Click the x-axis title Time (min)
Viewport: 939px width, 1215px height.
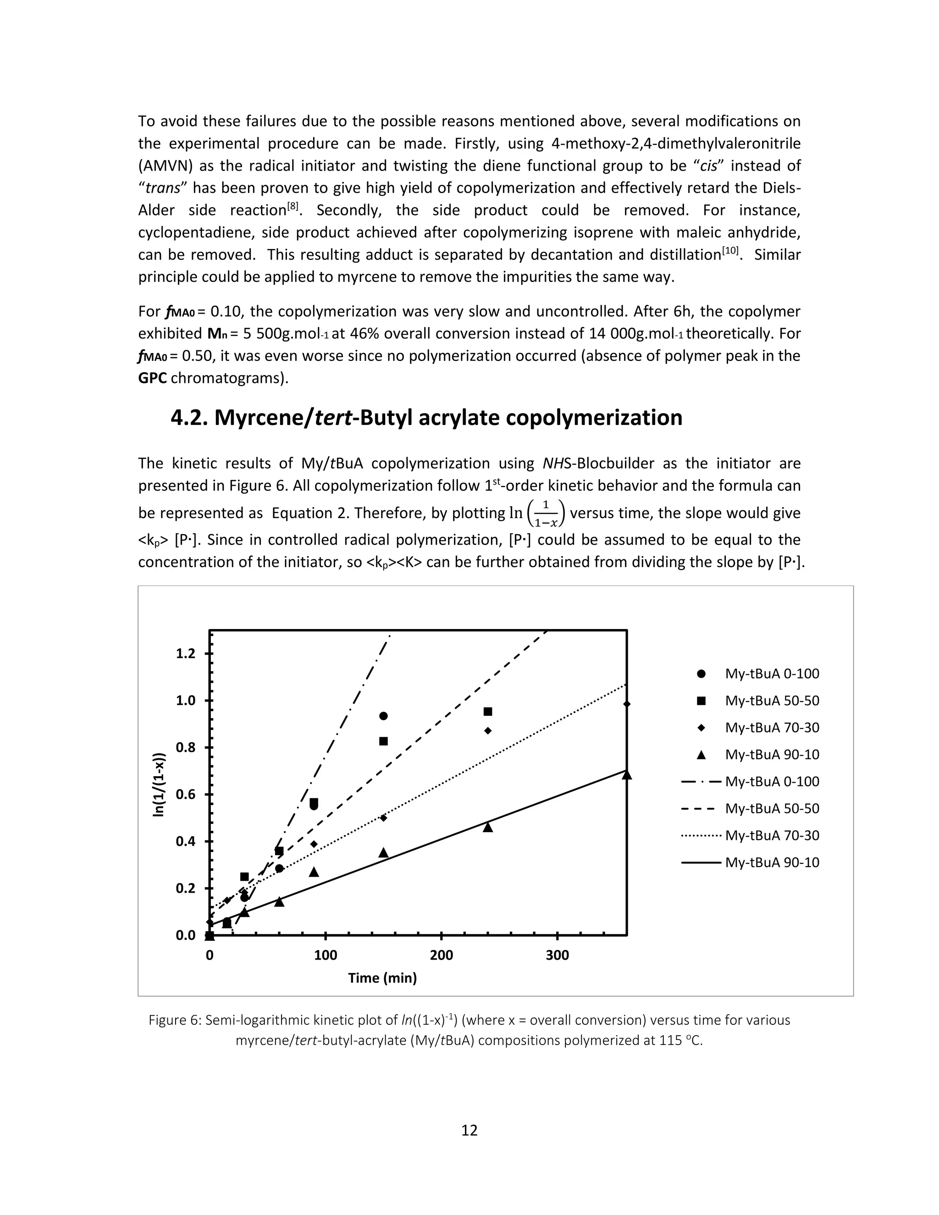pos(382,978)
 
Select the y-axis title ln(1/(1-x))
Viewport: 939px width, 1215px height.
pos(159,785)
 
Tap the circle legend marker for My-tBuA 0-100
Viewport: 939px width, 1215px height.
pos(701,674)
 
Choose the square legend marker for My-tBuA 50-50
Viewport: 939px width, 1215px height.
pos(701,701)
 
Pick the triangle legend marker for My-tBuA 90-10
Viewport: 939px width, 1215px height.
pos(701,755)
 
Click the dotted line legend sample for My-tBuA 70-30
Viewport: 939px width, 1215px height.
pos(701,835)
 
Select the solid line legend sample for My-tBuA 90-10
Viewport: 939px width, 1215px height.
pos(701,863)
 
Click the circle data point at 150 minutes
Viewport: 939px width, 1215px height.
pos(383,716)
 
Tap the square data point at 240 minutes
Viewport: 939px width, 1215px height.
pos(488,712)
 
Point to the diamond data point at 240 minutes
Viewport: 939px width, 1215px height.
pos(488,730)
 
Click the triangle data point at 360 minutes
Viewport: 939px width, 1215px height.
pos(626,775)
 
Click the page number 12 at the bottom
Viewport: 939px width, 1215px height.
pos(469,1131)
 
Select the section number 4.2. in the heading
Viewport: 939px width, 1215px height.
pos(189,418)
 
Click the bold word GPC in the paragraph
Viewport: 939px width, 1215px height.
pos(152,378)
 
